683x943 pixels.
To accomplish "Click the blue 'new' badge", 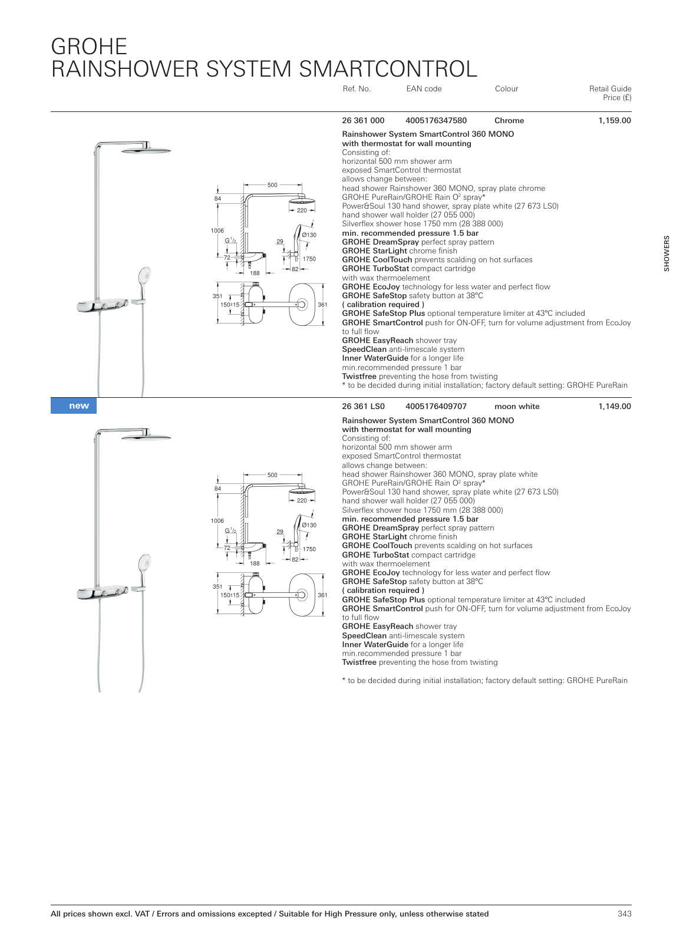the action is point(74,406).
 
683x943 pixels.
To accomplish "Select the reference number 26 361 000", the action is point(363,121).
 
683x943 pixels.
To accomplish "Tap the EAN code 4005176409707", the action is point(435,407).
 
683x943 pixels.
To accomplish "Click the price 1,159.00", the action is point(614,121).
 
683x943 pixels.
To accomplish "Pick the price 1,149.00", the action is point(614,407).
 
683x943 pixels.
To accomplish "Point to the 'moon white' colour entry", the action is point(517,407).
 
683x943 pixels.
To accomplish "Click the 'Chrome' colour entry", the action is point(509,121).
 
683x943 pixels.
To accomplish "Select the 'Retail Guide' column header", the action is point(610,89).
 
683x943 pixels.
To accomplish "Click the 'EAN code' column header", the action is point(424,89).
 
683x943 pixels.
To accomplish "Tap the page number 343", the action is point(624,914).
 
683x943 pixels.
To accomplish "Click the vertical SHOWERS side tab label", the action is point(666,253).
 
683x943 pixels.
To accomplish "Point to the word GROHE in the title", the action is point(89,47).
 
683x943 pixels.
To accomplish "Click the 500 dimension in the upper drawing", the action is point(272,185).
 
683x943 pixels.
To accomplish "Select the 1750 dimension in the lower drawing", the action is point(309,549).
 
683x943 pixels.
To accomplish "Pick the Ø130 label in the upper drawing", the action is point(309,235).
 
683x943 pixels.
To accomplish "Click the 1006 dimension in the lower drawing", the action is point(217,521).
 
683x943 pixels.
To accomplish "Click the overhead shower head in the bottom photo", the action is point(146,437).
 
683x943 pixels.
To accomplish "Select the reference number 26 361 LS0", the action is point(363,407).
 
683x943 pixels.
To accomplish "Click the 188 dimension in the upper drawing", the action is point(255,273).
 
